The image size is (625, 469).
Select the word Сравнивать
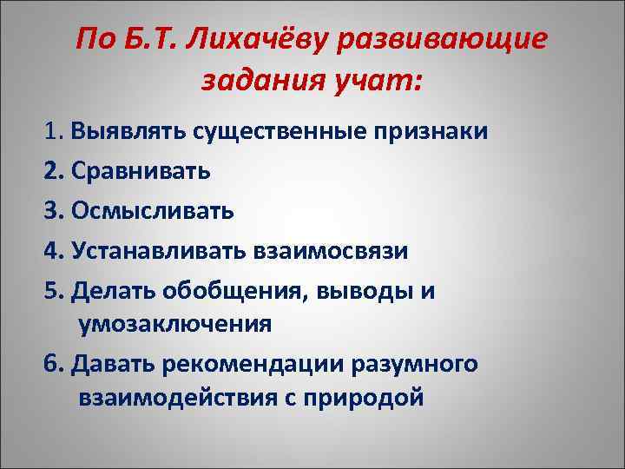coord(141,170)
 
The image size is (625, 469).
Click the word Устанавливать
coord(162,250)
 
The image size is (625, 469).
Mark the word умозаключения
coord(174,324)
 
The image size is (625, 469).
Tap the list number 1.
coord(50,132)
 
